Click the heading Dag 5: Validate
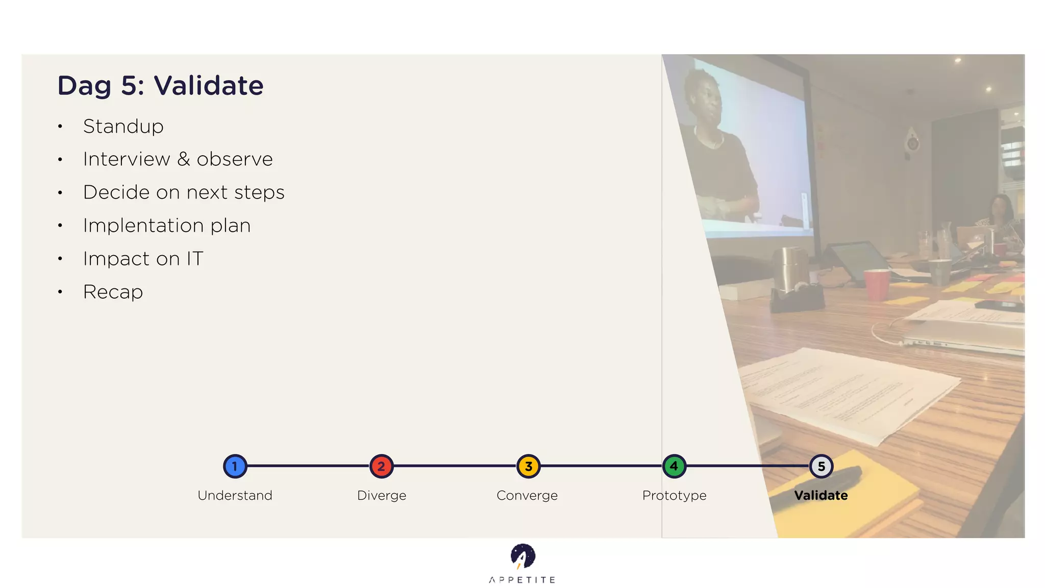click(160, 85)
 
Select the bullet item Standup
click(123, 127)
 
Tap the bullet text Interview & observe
click(178, 159)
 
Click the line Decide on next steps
click(184, 192)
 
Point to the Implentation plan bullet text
click(167, 226)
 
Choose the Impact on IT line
click(143, 259)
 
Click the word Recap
click(113, 292)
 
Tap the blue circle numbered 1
click(235, 466)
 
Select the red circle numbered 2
click(381, 466)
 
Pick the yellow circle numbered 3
click(528, 466)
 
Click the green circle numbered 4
click(674, 466)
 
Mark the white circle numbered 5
click(821, 466)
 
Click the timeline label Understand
click(235, 495)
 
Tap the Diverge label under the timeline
click(382, 495)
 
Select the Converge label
click(527, 495)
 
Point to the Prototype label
click(674, 495)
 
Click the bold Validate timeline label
click(821, 495)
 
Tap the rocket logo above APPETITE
click(522, 556)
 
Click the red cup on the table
click(877, 284)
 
